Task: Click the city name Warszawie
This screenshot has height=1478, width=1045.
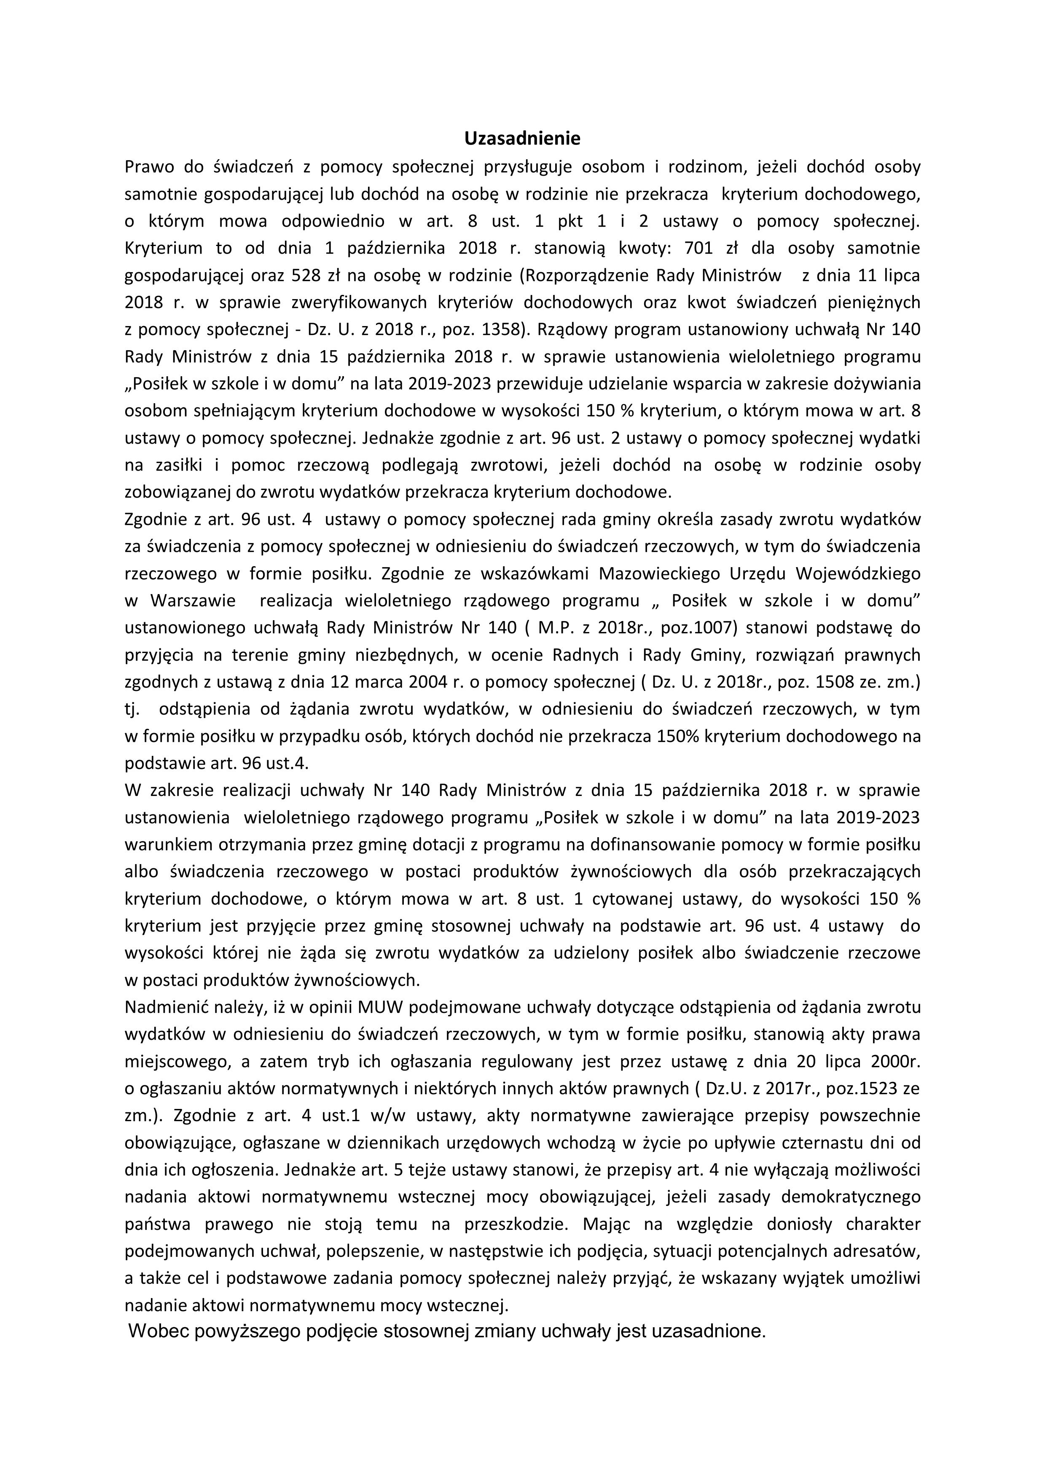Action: point(193,601)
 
